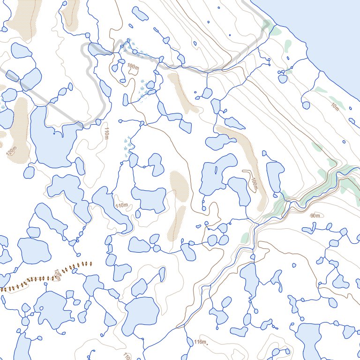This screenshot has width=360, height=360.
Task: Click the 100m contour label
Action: pyautogui.click(x=133, y=66)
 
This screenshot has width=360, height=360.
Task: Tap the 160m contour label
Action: pyautogui.click(x=254, y=184)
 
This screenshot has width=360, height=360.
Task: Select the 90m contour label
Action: pyautogui.click(x=315, y=215)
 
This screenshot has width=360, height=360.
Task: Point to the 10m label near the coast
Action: pyautogui.click(x=335, y=106)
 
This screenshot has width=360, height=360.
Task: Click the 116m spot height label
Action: pyautogui.click(x=199, y=342)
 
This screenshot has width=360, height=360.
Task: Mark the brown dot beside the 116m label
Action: pyautogui.click(x=207, y=344)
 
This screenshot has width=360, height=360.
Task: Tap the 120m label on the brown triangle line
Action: pyautogui.click(x=57, y=275)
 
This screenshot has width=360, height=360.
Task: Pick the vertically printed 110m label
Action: pyautogui.click(x=107, y=133)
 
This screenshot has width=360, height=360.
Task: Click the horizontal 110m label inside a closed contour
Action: pyautogui.click(x=121, y=205)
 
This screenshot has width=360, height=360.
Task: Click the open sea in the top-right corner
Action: pyautogui.click(x=328, y=23)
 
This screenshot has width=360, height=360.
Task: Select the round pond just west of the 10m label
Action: pyautogui.click(x=306, y=105)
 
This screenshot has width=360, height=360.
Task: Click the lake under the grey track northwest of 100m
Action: pyautogui.click(x=97, y=49)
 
